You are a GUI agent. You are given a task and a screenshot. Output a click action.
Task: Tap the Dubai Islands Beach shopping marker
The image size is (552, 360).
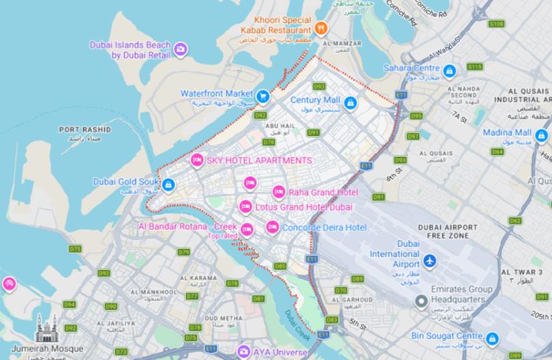[x=180, y=49]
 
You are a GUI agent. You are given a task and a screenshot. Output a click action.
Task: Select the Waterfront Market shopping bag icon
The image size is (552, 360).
[x=263, y=97]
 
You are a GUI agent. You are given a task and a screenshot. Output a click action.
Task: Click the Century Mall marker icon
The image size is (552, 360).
[x=350, y=103]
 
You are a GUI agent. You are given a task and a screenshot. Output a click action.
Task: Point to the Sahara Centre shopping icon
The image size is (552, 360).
[x=449, y=71]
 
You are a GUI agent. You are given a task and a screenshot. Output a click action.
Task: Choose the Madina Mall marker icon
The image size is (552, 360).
[x=542, y=136]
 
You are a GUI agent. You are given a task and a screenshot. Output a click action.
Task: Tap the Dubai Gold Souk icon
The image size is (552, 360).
[x=168, y=184]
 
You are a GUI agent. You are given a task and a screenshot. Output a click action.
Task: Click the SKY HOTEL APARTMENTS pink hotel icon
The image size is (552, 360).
[x=197, y=160]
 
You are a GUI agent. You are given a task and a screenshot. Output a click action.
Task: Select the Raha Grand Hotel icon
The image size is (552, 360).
[x=279, y=192]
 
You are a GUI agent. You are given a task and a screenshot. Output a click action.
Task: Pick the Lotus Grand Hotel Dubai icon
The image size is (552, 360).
[x=245, y=207]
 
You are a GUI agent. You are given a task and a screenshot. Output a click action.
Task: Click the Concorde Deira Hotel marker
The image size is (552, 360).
[x=272, y=227]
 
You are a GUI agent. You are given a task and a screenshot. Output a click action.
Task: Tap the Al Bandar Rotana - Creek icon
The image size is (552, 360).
[x=247, y=230]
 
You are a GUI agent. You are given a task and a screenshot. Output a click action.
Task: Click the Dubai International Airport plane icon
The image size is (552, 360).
[x=429, y=260]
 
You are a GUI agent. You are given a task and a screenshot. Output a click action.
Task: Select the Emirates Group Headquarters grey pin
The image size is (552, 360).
[x=422, y=301]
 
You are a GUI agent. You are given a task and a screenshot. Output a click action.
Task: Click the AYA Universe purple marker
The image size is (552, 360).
[x=243, y=351]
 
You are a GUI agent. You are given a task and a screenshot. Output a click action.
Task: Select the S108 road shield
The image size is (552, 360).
[x=496, y=24]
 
